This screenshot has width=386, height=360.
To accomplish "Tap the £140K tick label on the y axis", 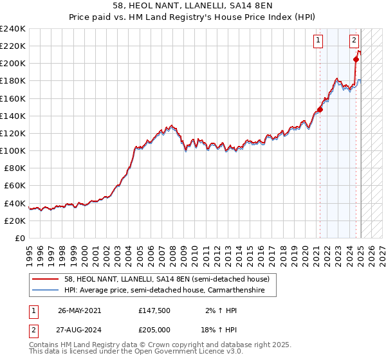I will [13, 116].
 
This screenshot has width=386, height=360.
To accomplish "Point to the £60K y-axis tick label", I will [15, 185].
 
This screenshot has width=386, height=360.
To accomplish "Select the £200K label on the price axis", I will [13, 63].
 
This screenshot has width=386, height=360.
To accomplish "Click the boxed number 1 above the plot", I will [318, 40].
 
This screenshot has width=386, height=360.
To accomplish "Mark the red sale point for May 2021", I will [320, 109].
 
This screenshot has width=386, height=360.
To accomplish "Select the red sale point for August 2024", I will [356, 59].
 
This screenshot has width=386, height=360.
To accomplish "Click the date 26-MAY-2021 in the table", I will [80, 310].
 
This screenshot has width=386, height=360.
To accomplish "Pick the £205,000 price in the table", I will [154, 328].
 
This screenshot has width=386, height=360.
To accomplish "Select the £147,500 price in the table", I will [154, 310].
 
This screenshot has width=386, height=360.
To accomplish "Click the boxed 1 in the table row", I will [33, 310].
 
